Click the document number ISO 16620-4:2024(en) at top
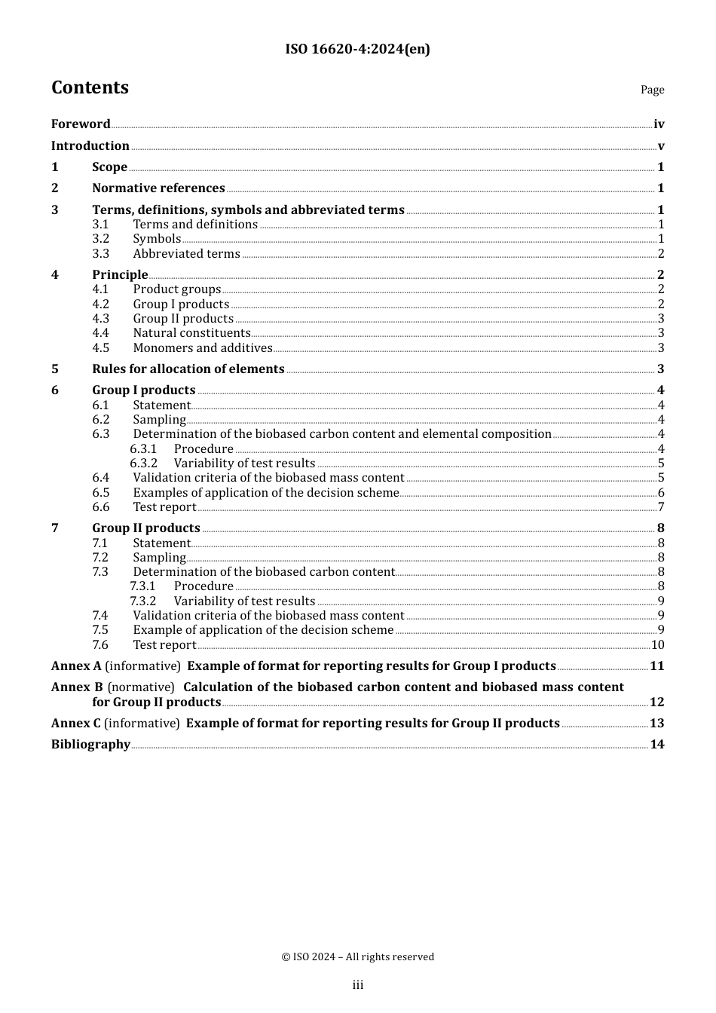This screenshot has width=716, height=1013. (x=357, y=50)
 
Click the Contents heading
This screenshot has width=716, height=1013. (x=90, y=88)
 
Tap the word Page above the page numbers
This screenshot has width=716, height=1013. (x=652, y=90)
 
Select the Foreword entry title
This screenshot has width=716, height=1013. (x=81, y=124)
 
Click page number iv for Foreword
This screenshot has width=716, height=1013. (x=659, y=124)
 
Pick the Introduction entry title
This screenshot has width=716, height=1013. (x=90, y=146)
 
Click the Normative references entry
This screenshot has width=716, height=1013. (x=158, y=188)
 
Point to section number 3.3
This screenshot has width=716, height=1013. (x=101, y=254)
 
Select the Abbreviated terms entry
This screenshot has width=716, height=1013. (x=186, y=254)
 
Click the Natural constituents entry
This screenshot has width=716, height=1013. (x=191, y=333)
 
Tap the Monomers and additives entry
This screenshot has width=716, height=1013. (x=203, y=348)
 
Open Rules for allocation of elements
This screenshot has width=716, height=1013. (x=188, y=369)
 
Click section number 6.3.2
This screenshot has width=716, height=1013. (x=143, y=464)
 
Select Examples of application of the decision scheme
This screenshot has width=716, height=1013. (x=265, y=493)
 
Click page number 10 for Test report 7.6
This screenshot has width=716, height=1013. (x=657, y=645)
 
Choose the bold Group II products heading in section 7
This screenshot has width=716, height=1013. (x=146, y=528)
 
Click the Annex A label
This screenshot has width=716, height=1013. (x=76, y=666)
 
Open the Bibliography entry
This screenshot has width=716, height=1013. (x=90, y=745)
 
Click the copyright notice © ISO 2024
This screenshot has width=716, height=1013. (x=358, y=957)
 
